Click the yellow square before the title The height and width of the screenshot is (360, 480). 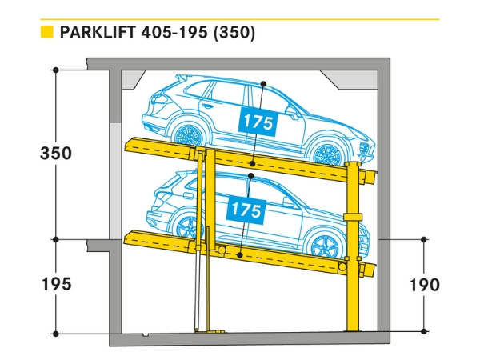coord(46,33)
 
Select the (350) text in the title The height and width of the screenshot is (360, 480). coord(234,33)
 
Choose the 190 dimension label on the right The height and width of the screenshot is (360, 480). coord(424,284)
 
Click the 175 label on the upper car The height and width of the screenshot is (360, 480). coord(256,123)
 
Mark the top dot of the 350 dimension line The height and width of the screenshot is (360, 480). coord(55,70)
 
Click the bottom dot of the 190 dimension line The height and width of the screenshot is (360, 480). coord(424,330)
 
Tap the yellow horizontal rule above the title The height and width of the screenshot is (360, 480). coord(240,18)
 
